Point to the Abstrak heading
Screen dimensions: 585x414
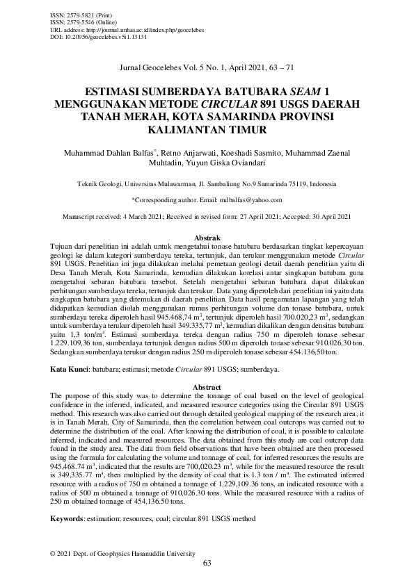click(207, 238)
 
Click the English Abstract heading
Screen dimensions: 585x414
click(207, 386)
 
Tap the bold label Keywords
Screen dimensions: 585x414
click(67, 518)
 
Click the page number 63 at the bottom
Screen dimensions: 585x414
click(207, 563)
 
